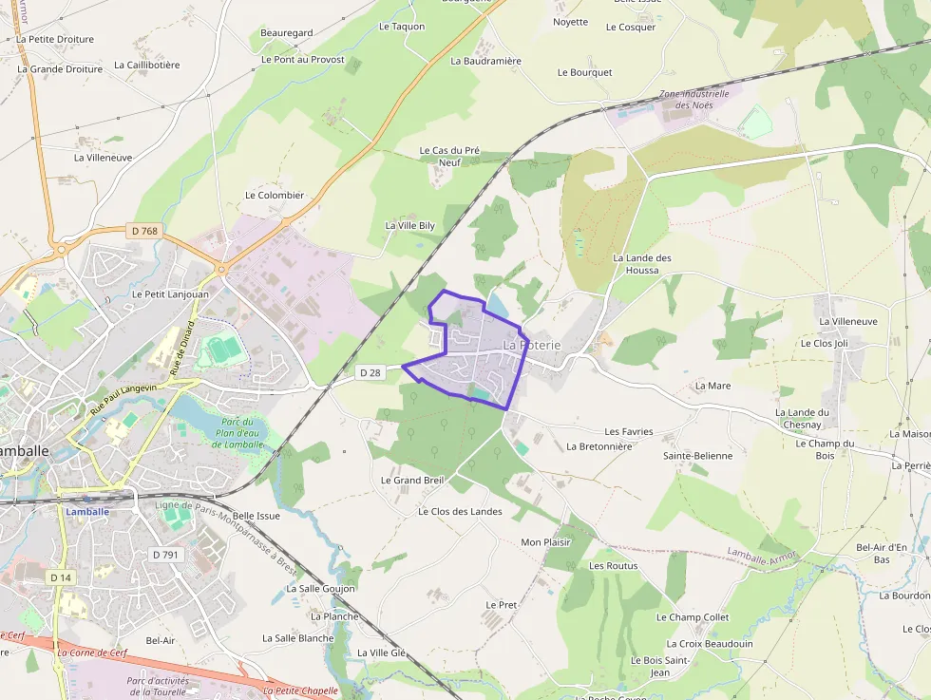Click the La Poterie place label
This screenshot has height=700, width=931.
pos(532,345)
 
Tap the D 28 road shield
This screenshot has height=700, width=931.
pos(370,373)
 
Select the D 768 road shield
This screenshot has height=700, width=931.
pos(144,231)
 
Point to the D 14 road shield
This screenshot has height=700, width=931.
pos(61,577)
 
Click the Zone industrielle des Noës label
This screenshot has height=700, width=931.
pos(693,100)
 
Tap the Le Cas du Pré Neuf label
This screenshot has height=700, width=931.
pos(450,156)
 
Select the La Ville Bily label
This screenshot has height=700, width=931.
pos(409,225)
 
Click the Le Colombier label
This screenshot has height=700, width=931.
pos(275,195)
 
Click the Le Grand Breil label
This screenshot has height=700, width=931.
pos(412,480)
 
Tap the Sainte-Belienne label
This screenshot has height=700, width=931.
pos(697,455)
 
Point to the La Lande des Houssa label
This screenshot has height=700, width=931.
pos(642,263)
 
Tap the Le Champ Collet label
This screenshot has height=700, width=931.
pos(693,616)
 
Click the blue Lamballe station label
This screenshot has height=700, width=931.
pos(87,511)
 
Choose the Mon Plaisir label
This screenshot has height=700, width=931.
pos(545,542)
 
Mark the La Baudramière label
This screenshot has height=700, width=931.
pos(485,61)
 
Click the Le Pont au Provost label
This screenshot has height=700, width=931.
pos(302,59)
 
